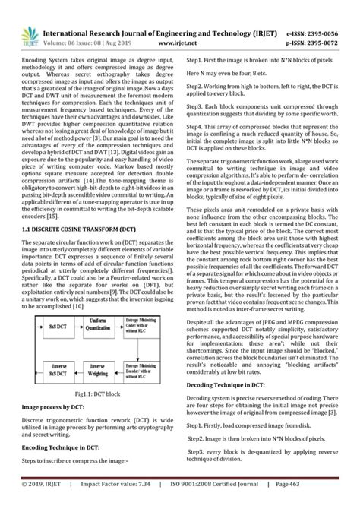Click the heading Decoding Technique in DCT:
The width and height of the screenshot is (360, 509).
[x=229, y=386]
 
